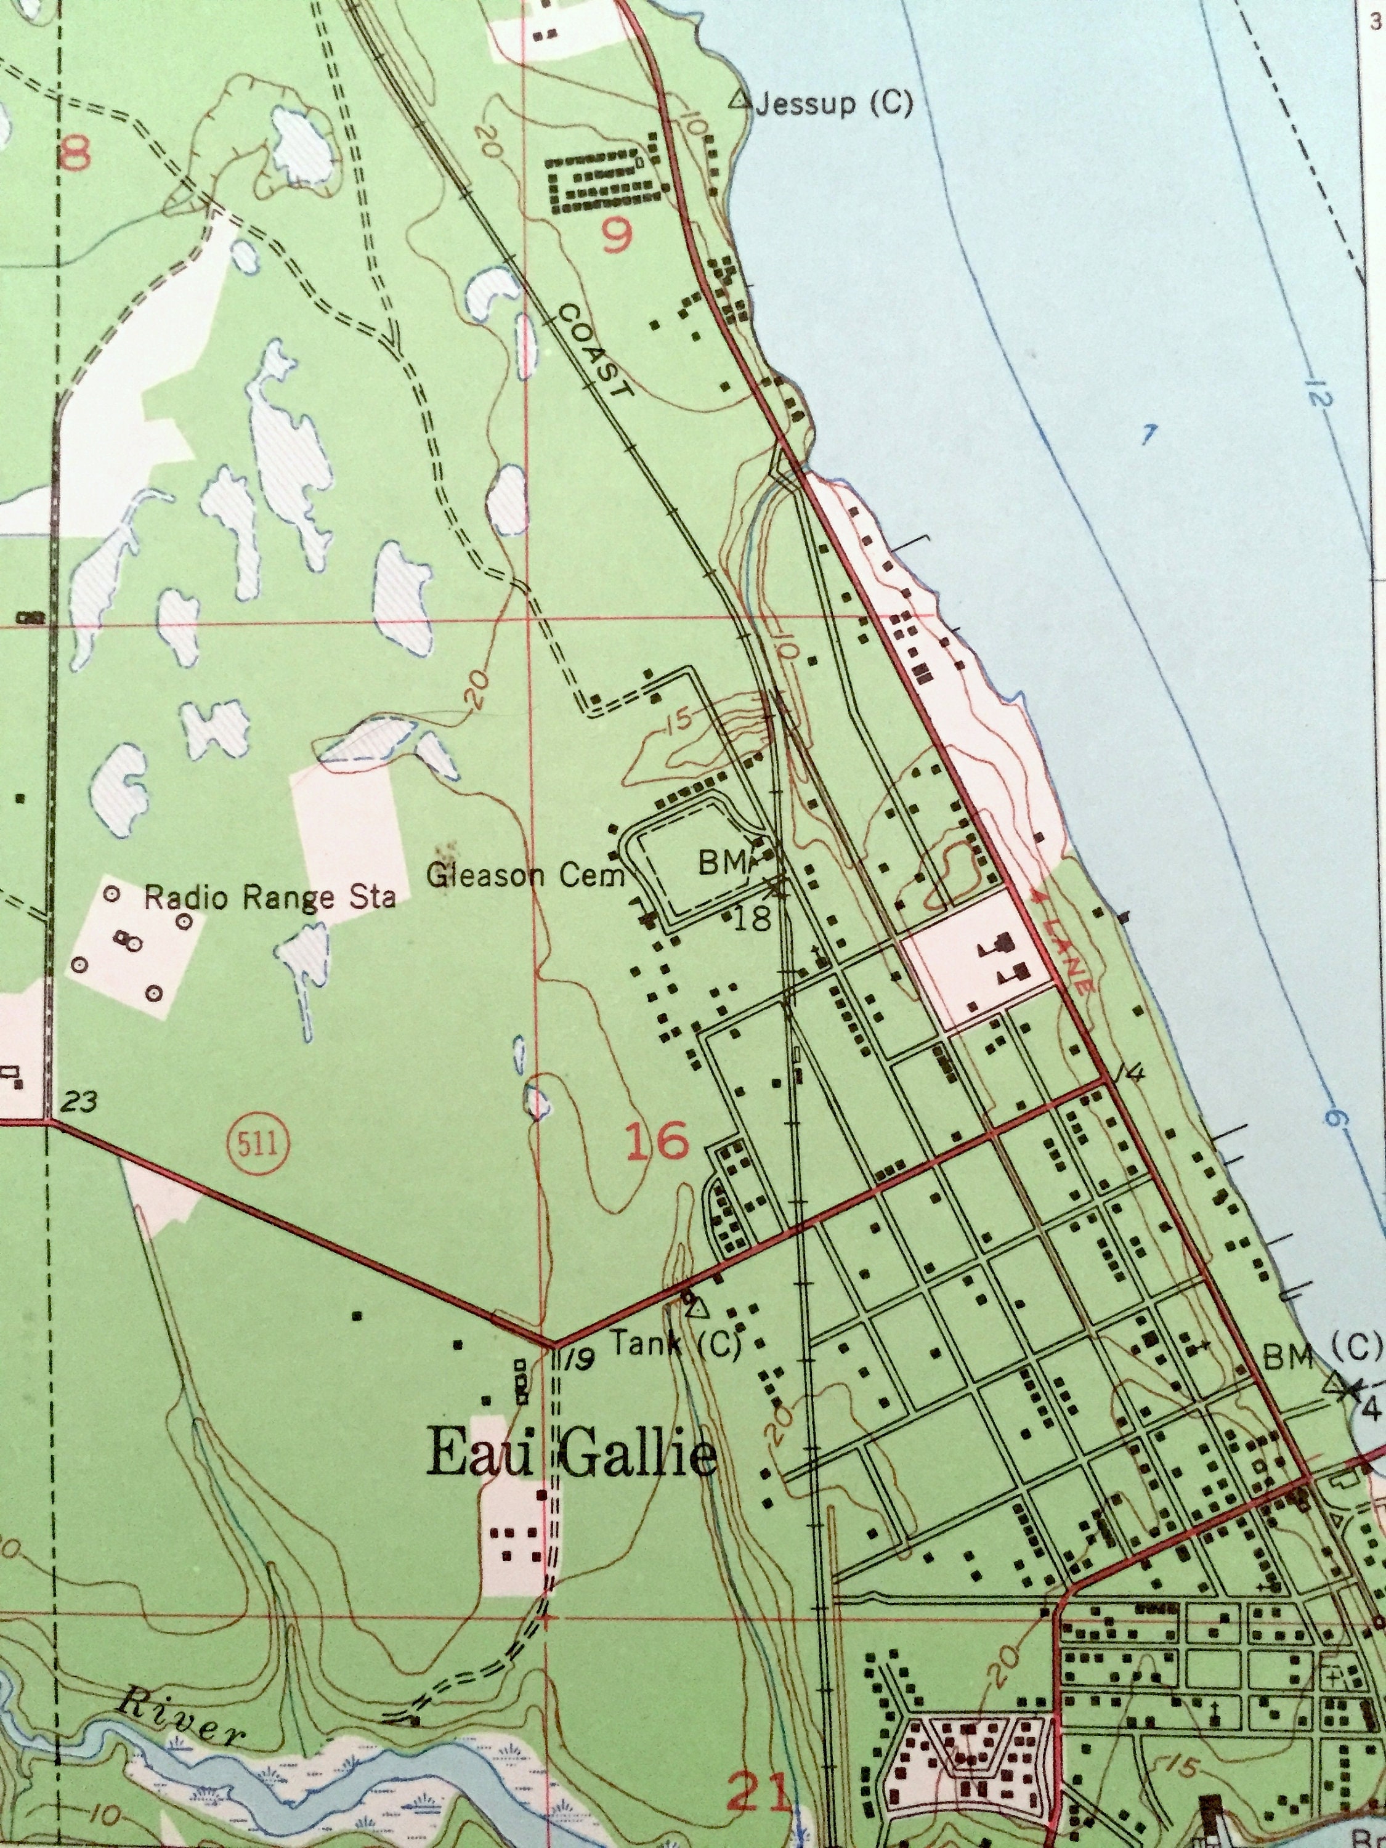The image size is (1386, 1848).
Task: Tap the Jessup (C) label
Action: (833, 105)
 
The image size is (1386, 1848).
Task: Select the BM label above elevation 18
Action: (717, 865)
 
